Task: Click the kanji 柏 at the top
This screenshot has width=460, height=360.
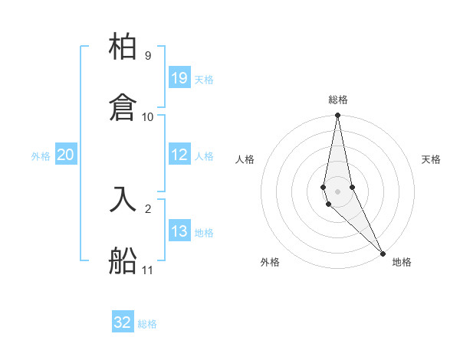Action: pos(123,47)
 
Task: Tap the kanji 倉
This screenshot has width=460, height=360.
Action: pos(123,107)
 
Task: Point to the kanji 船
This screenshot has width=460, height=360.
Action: pos(123,260)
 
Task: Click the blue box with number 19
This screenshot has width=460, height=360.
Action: pos(179,77)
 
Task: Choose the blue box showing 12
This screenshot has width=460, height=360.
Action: pos(179,155)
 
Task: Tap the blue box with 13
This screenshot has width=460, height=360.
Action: pos(179,231)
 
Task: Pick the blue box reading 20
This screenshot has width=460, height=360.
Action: pos(65,155)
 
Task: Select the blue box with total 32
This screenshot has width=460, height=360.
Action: pos(123,322)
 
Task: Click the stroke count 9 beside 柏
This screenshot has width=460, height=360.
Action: pos(147,56)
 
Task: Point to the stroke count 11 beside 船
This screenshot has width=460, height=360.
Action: pos(147,270)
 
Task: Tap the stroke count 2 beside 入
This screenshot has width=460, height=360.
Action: pos(147,208)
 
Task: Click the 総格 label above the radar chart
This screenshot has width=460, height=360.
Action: pos(338,100)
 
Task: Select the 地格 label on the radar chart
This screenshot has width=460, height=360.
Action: pos(402,262)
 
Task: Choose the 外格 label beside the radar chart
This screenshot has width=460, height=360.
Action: pos(270,262)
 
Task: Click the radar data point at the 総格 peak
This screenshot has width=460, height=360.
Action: pos(337,116)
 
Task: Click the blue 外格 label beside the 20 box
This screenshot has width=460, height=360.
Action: pos(41,155)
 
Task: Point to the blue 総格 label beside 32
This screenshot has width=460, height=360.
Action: pos(147,323)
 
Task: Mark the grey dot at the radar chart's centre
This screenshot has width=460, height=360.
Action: pos(337,191)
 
